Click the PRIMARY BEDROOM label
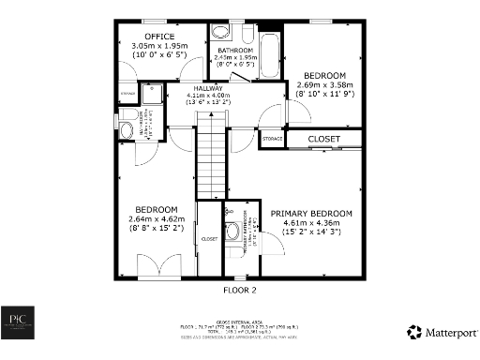point(312,214)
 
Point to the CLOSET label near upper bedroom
point(324,140)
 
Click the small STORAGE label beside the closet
point(273,139)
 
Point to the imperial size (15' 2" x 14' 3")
point(312,232)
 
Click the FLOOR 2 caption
point(240,291)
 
